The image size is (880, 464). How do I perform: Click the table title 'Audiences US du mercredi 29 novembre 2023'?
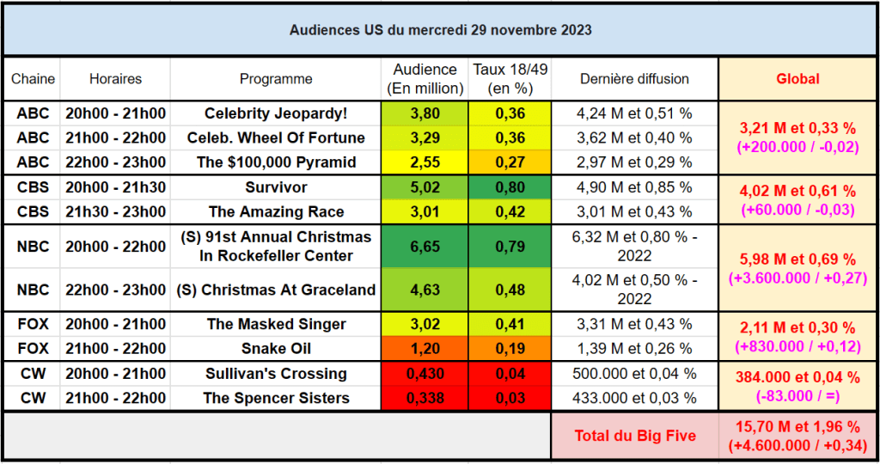click(440, 30)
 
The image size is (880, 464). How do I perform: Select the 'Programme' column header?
click(276, 79)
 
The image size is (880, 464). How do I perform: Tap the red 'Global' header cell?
click(797, 79)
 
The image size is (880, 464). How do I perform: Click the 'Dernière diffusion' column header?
click(634, 79)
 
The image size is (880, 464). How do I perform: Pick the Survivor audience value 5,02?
click(424, 187)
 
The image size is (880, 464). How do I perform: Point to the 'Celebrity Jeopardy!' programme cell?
click(276, 113)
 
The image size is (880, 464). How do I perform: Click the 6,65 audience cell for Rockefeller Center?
click(424, 247)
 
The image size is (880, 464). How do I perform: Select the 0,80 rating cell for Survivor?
click(510, 187)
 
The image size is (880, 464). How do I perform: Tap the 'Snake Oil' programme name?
click(276, 349)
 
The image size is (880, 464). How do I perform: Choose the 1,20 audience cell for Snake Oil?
click(424, 349)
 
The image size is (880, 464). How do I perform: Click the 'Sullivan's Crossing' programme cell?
click(276, 374)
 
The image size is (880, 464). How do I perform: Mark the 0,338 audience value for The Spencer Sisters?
click(424, 398)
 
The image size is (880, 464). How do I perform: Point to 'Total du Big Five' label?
click(634, 436)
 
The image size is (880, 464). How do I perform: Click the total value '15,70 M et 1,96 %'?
click(797, 427)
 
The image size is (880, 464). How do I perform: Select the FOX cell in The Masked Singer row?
click(33, 324)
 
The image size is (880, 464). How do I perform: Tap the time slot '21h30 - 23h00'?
click(115, 212)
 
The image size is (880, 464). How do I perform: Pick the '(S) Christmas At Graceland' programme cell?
click(276, 290)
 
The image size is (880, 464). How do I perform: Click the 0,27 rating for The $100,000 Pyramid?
click(510, 162)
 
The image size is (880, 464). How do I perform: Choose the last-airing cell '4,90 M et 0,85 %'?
click(634, 187)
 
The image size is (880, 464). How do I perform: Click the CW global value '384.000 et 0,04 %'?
click(797, 377)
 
